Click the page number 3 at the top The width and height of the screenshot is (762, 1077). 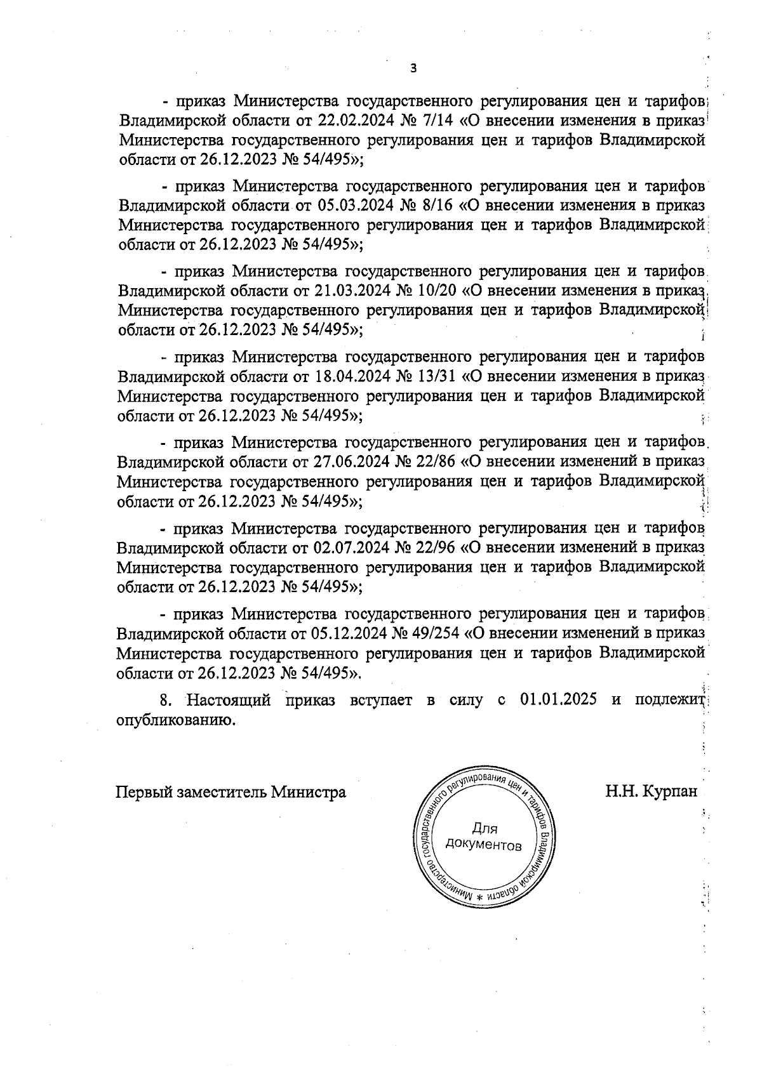pos(413,69)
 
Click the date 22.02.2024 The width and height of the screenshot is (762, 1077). pos(354,121)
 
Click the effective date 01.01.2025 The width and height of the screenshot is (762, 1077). pos(558,701)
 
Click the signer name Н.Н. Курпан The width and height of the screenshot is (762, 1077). pos(651,791)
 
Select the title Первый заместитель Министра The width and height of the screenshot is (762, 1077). pos(231,792)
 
